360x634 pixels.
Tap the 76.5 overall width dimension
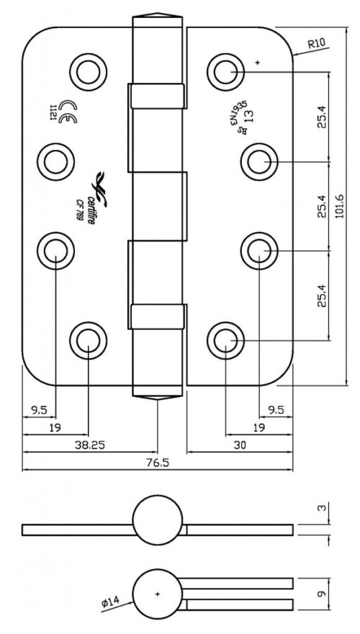tap(159, 463)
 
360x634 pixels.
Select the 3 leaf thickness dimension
tap(323, 509)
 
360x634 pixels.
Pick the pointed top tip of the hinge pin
tap(157, 17)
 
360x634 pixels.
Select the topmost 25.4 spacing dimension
tap(323, 116)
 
